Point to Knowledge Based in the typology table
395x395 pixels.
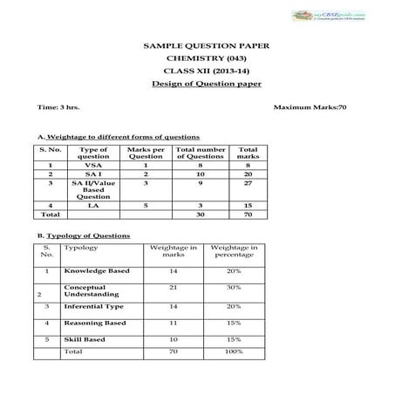click(x=97, y=271)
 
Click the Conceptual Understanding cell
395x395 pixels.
click(x=85, y=290)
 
